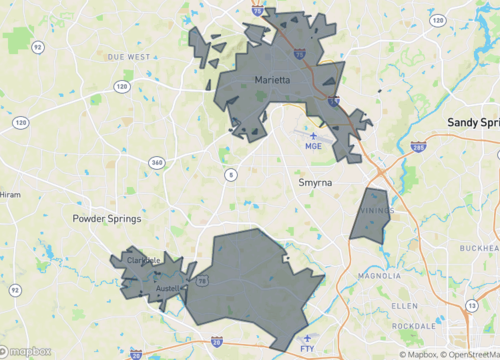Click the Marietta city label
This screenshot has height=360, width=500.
point(271,80)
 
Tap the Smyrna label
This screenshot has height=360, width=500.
point(316,183)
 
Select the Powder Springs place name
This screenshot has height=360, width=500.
point(107,218)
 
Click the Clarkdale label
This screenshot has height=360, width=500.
point(144,261)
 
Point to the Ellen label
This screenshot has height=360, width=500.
point(404,304)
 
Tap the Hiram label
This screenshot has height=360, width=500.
point(10,195)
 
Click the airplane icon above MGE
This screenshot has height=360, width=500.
point(314,134)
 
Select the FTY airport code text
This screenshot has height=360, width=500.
point(307,349)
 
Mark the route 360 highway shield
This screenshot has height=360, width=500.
point(156,162)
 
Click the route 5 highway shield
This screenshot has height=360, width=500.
point(231,175)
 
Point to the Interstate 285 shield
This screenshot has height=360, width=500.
point(418,147)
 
